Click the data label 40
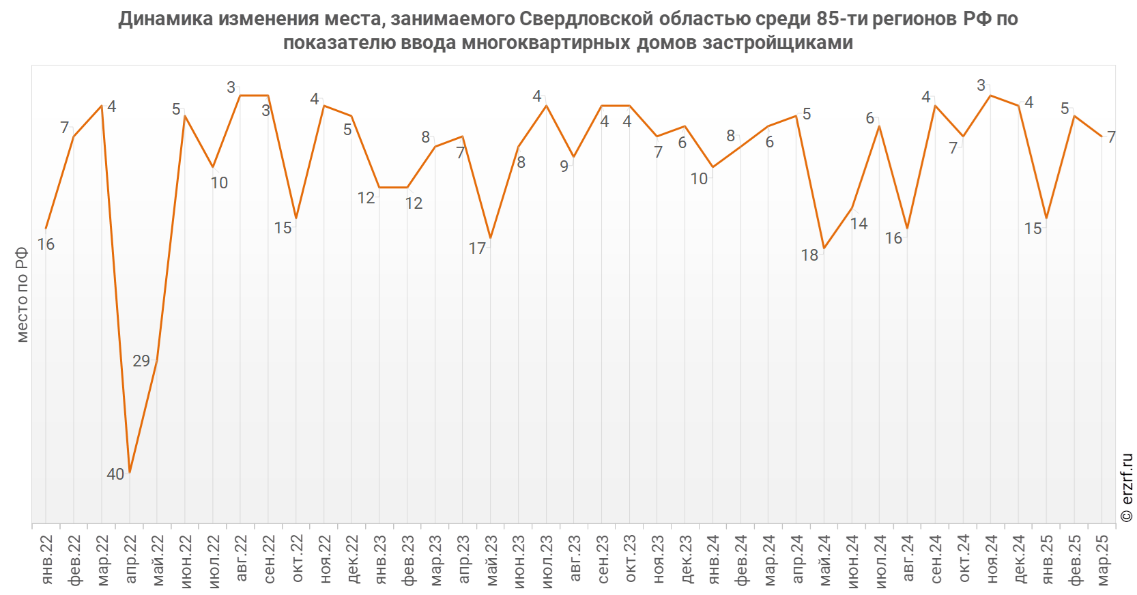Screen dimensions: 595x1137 (x=115, y=474)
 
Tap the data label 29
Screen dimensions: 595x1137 (x=141, y=361)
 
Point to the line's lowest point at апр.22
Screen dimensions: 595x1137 (x=130, y=472)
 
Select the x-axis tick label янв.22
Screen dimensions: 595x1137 (x=46, y=560)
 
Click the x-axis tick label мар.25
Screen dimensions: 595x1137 (x=1103, y=560)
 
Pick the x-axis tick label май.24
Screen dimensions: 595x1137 (x=825, y=560)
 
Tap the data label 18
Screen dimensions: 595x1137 (x=809, y=255)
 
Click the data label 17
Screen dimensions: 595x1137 (x=477, y=248)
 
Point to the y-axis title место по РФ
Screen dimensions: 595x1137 (x=23, y=295)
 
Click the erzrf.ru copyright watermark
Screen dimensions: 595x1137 (x=1127, y=488)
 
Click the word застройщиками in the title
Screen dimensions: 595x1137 (x=778, y=42)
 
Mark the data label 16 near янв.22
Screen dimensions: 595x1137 (x=46, y=244)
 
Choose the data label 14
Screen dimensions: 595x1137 (x=859, y=224)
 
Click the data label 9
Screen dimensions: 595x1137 (x=564, y=166)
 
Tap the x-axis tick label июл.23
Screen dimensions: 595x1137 (x=547, y=560)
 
